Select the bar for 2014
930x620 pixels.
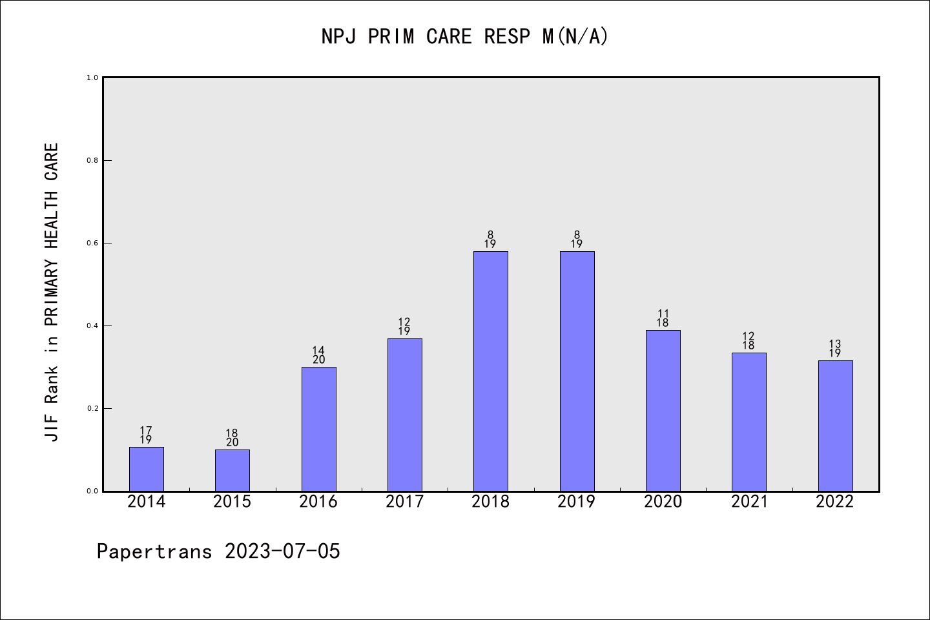[147, 469]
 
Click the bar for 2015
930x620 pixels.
[232, 470]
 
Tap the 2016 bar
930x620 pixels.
[318, 429]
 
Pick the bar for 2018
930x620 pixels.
[491, 371]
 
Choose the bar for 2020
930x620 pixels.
[663, 411]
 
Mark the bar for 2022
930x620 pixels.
[835, 426]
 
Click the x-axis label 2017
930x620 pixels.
[405, 502]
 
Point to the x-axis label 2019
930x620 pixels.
[577, 502]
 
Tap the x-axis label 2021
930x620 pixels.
[749, 502]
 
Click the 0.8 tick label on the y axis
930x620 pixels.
[92, 160]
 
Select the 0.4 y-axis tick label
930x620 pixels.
[92, 325]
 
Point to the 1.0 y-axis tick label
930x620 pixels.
[92, 77]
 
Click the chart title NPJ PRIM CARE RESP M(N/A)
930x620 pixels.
[465, 37]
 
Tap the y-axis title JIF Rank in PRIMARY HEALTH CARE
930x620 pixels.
[52, 292]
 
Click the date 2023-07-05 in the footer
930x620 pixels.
[282, 552]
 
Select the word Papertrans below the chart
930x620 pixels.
[154, 552]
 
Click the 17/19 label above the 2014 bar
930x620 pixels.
[146, 435]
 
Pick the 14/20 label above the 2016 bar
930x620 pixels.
[318, 355]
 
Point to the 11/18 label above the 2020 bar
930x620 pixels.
[663, 318]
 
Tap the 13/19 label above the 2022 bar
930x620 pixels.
[835, 349]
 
